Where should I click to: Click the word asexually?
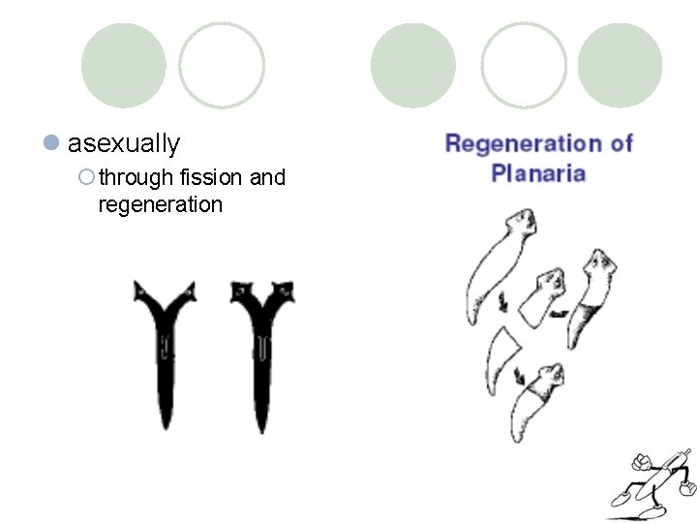(124, 144)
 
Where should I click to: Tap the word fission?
(212, 178)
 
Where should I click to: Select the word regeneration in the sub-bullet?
(161, 204)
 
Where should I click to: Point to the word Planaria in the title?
(538, 174)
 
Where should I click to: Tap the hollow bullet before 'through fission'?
(87, 177)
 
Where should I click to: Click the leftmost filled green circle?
(123, 66)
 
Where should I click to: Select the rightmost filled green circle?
(620, 66)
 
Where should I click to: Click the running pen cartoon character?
(651, 479)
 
